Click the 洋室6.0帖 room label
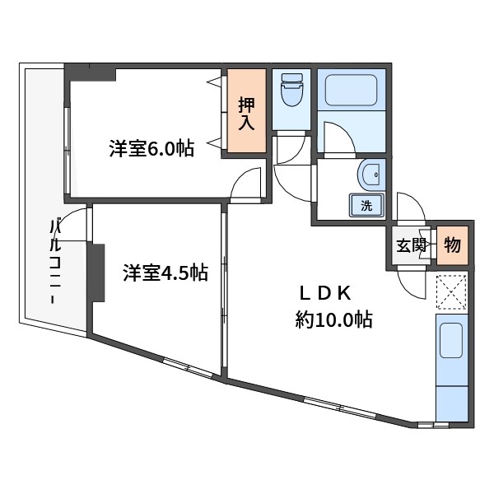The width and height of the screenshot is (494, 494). (x=151, y=149)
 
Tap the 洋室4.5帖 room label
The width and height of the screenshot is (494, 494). (x=165, y=273)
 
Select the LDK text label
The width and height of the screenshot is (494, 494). (x=324, y=292)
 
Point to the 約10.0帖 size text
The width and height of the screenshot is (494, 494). (x=333, y=319)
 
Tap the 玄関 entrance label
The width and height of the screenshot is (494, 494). (x=409, y=245)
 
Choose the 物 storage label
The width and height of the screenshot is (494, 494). (x=452, y=245)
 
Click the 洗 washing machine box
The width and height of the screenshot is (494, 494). (x=366, y=206)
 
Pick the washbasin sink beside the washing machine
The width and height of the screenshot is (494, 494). (x=371, y=175)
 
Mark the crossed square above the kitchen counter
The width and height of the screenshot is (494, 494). (x=451, y=290)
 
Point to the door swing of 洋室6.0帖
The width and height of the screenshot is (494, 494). (x=247, y=185)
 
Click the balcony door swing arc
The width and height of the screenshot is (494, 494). (x=73, y=224)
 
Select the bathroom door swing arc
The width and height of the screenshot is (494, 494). (x=338, y=138)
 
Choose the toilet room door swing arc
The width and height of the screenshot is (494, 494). (x=290, y=173)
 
